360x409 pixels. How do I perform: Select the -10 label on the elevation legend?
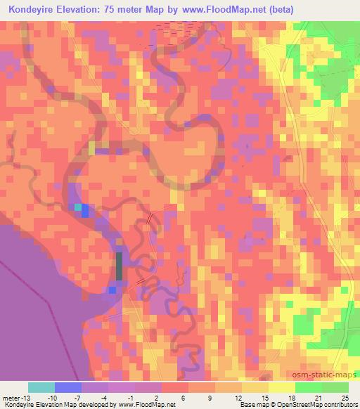tap(55, 398)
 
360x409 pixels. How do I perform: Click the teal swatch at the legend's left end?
tap(41, 387)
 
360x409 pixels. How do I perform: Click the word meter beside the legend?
tap(11, 398)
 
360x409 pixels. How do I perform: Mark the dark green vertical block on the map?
tap(118, 267)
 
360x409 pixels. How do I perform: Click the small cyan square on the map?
tap(77, 207)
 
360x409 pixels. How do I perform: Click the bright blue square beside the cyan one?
tap(85, 209)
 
